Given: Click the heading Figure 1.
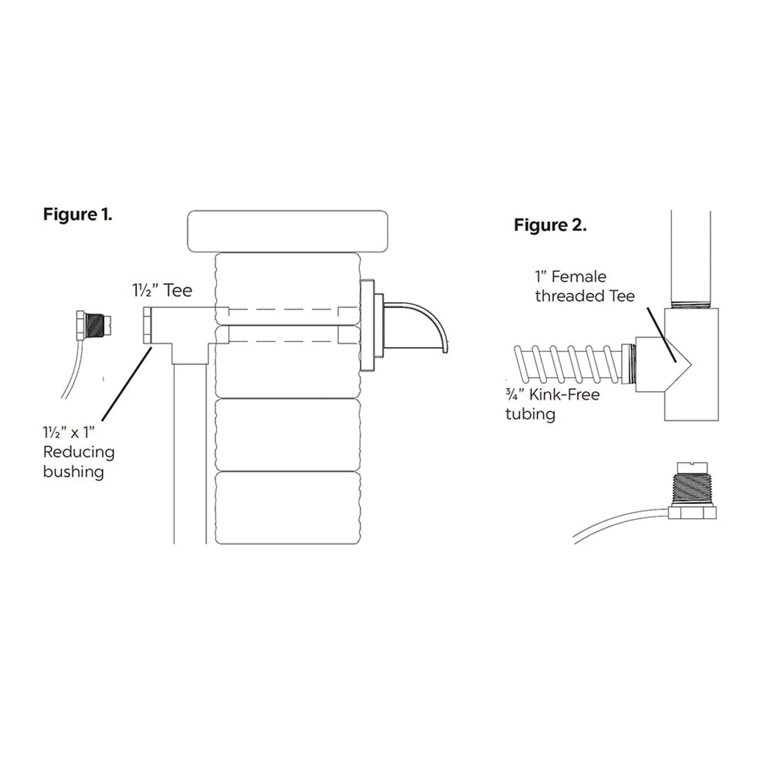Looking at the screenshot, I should [78, 214].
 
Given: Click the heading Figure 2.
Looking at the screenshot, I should [550, 225].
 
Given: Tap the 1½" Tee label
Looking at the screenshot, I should [162, 290].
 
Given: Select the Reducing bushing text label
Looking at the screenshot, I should [78, 452].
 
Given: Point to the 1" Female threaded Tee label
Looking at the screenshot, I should [584, 286].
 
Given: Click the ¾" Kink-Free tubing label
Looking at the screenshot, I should [552, 404].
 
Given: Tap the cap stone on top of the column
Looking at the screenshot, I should [287, 231].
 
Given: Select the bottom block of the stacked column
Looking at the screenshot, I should [287, 508].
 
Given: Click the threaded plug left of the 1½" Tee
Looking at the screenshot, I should [93, 325].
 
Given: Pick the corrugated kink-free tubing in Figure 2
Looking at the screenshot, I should [566, 364].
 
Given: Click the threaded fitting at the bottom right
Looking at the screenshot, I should [693, 491].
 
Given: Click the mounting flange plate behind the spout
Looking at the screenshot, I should [367, 325].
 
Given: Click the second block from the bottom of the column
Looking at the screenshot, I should [287, 434].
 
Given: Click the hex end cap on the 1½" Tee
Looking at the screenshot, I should [147, 325].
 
